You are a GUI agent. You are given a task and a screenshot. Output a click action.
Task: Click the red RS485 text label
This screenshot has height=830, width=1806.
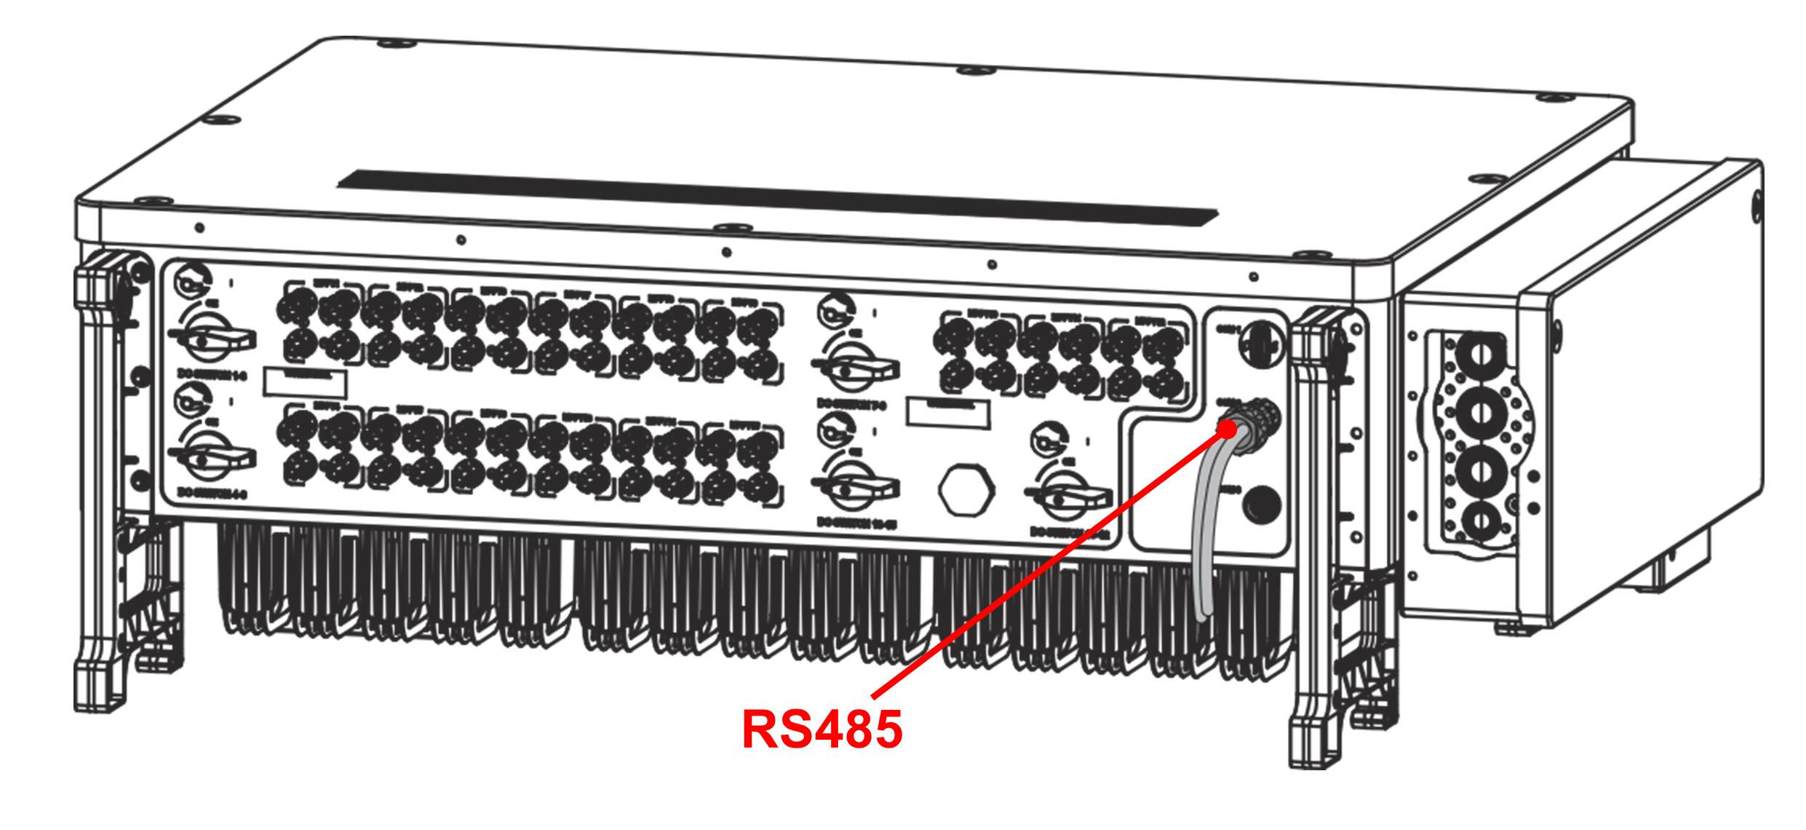822,729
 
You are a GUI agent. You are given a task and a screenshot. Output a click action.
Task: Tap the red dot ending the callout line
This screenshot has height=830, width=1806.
1227,430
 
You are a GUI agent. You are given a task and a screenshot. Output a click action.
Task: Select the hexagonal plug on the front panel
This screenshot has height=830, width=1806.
966,490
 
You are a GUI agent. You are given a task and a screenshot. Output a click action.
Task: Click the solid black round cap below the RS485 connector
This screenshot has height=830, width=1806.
1262,504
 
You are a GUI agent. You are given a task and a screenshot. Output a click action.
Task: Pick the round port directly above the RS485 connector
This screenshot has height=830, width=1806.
1260,344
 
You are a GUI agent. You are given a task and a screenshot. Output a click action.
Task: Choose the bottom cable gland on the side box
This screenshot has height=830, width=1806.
1480,521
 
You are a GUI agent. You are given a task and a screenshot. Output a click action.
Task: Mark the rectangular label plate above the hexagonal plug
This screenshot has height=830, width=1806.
947,413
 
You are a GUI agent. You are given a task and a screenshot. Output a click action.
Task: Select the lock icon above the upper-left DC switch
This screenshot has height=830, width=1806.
194,280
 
